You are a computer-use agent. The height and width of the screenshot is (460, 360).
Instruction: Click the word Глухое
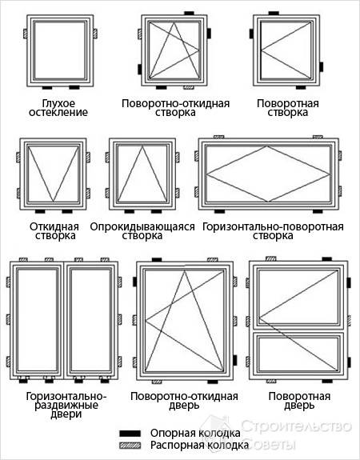tap(58, 103)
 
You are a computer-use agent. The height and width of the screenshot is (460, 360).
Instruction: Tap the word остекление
tap(58, 112)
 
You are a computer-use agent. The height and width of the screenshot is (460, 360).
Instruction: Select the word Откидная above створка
tap(54, 226)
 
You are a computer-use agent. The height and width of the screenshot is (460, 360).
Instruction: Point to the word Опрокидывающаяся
tap(142, 226)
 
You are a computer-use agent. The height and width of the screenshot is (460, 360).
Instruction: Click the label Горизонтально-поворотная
tap(273, 226)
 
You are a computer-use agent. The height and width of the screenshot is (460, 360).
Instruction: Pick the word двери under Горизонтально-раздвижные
tap(66, 414)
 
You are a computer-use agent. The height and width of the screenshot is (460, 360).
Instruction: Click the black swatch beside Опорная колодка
tap(130, 434)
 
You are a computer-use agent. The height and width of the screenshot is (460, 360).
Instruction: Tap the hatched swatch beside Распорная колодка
tap(130, 446)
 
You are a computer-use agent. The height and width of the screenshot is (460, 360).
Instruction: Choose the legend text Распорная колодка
tap(199, 445)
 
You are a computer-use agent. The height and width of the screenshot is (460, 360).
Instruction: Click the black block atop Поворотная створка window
tap(274, 14)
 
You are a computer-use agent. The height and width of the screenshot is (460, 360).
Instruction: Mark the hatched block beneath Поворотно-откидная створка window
tap(189, 87)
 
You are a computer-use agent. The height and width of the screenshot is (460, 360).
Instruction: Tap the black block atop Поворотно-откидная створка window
tap(189, 14)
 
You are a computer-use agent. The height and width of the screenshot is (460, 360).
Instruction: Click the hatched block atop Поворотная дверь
tap(271, 258)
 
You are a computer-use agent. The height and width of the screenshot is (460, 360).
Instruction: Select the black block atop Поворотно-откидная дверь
tap(157, 260)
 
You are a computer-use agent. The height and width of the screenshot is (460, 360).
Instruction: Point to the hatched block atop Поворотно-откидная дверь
tap(213, 260)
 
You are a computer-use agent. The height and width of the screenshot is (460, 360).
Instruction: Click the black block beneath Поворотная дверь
tap(327, 381)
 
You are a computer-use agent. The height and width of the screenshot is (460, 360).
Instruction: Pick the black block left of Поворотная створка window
tap(251, 34)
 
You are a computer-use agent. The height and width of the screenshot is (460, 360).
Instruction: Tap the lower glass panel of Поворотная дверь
tap(298, 354)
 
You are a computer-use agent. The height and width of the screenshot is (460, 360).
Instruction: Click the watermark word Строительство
tap(297, 426)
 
